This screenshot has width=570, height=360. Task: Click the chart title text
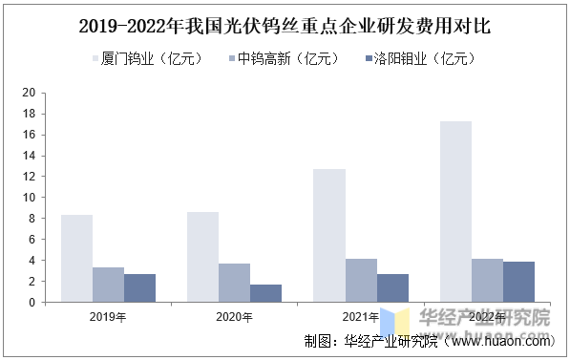285,26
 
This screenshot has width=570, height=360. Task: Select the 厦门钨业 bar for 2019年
76,259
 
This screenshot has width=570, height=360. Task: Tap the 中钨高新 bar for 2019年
108,285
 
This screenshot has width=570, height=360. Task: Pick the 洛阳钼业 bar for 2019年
139,288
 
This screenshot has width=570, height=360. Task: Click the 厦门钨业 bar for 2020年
202,257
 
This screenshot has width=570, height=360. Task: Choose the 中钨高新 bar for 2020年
234,283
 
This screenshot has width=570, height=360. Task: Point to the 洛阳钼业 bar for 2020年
265,293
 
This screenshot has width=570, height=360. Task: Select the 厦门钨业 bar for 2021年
328,236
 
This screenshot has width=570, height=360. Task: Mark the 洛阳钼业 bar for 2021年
391,288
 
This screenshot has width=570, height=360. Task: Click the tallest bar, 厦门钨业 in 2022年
455,212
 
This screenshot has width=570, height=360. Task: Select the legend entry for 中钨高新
284,59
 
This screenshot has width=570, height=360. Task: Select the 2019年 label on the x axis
108,317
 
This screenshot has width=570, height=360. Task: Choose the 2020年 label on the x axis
234,317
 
